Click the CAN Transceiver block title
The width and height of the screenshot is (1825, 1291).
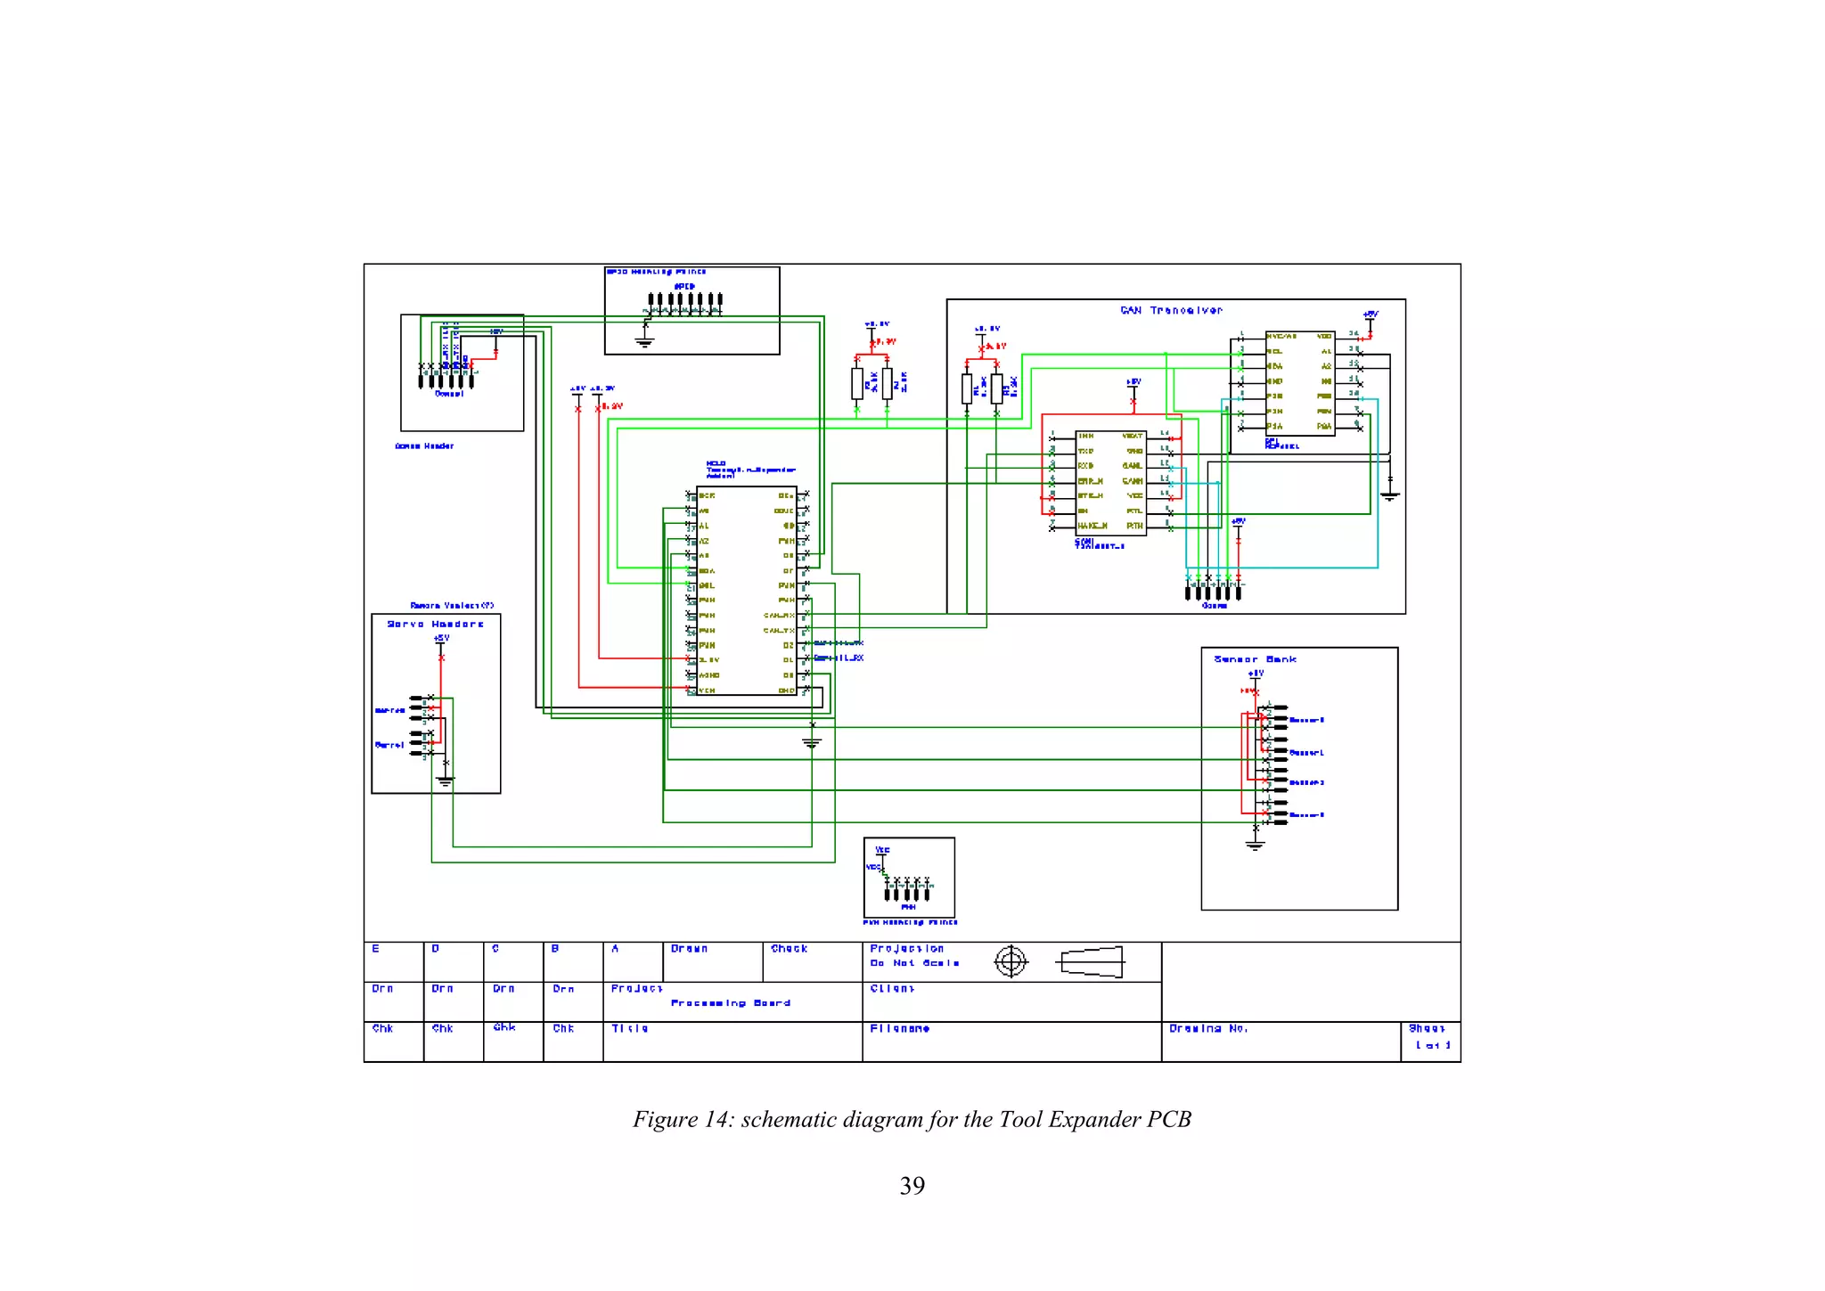[x=1171, y=310]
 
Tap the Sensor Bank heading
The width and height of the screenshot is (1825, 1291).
[x=1255, y=659]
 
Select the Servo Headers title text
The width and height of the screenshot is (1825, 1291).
[x=435, y=624]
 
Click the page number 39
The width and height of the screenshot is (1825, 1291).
[x=912, y=1186]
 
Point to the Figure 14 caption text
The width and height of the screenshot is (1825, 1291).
[x=912, y=1119]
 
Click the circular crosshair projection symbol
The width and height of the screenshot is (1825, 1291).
[x=1011, y=961]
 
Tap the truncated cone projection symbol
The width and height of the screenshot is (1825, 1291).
[x=1091, y=962]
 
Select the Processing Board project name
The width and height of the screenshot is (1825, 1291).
[x=730, y=1003]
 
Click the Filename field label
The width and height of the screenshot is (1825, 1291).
[x=899, y=1028]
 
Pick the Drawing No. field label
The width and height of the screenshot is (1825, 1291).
[x=1207, y=1028]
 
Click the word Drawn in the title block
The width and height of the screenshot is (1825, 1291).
[x=689, y=949]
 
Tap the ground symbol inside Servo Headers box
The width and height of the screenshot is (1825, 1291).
[x=445, y=781]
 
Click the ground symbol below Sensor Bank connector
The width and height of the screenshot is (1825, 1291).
[x=1255, y=845]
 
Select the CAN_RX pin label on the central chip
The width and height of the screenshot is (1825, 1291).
[x=778, y=616]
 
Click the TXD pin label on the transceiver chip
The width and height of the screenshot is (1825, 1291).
[x=1085, y=451]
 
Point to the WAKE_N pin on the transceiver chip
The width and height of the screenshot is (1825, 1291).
[x=1092, y=526]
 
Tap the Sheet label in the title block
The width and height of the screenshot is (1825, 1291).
[x=1426, y=1028]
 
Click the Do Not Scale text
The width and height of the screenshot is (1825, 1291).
[x=914, y=963]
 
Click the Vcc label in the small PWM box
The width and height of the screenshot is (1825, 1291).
[x=882, y=850]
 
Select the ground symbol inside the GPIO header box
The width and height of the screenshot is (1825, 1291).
[x=644, y=341]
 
